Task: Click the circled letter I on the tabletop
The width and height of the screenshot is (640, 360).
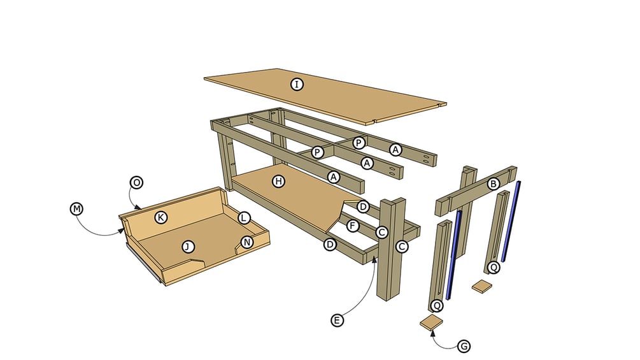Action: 296,84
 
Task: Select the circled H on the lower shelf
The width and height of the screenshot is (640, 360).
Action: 278,182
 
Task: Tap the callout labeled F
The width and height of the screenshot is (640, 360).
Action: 351,225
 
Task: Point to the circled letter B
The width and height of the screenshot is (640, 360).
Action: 492,184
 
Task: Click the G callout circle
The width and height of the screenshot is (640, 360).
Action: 464,346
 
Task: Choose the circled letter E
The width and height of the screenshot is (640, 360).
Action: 337,320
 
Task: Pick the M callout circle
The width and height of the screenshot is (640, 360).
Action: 77,208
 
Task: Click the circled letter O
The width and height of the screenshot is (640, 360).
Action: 136,182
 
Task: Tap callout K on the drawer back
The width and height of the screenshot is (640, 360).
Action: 161,217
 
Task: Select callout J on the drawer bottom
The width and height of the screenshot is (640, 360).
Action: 187,246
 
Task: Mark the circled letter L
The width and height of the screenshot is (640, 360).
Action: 244,217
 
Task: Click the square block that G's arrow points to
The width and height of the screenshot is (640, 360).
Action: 432,322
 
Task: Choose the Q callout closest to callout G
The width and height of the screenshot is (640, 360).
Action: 437,305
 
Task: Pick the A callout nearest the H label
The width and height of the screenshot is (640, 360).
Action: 333,176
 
